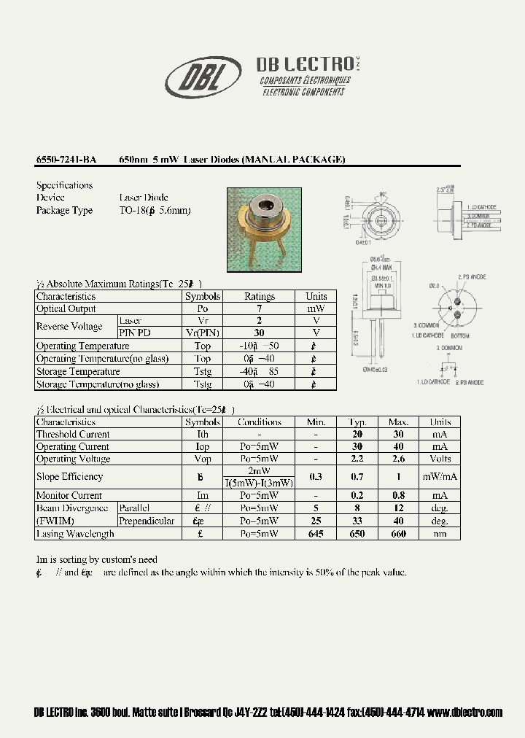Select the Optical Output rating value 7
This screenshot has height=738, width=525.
(259, 308)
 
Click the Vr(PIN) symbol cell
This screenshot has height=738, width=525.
(203, 333)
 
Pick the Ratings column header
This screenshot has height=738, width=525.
(259, 296)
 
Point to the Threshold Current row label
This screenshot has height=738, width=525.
(73, 434)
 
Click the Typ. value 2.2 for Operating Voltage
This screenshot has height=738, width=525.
(357, 459)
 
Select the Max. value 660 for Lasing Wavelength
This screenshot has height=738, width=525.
(398, 534)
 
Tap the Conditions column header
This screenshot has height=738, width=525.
(259, 422)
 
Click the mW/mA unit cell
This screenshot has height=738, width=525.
(440, 477)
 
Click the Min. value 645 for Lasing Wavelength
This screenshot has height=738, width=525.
(316, 534)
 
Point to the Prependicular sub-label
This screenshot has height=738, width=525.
(147, 521)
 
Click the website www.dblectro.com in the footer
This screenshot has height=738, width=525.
(465, 712)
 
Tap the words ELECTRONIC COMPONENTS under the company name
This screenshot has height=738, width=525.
(303, 93)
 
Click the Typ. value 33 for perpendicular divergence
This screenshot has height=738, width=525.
(357, 521)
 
